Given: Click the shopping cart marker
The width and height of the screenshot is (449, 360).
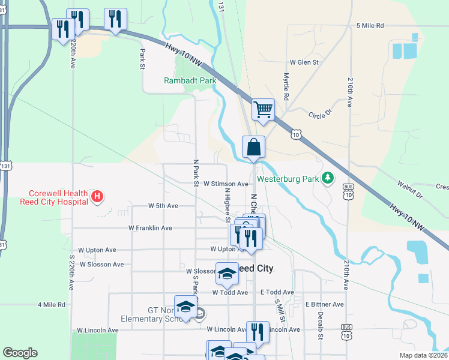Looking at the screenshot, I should point(263,110).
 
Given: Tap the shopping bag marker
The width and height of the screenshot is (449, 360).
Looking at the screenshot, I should point(253,147).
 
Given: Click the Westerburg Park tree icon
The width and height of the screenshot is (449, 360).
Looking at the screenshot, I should point(328,178).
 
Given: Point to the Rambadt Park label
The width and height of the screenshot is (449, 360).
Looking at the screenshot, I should point(190,80).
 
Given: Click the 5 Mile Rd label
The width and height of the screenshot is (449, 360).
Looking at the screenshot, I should point(370,26).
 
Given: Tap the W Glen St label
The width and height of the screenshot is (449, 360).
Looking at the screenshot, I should point(304,62).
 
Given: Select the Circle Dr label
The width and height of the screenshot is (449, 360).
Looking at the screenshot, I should point(320,115).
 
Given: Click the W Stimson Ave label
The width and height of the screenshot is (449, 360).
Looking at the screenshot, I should point(226,184).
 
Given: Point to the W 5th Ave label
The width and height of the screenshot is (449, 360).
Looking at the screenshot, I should point(163,206).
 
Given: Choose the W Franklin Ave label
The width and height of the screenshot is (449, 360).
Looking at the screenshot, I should point(150,228).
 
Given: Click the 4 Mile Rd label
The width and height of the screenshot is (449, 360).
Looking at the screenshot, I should point(51,305).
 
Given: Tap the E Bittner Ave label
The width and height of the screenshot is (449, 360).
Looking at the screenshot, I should point(324,304).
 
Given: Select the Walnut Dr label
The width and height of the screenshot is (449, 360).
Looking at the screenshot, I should point(411,191).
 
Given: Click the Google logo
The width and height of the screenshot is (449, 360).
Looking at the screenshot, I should point(20,353).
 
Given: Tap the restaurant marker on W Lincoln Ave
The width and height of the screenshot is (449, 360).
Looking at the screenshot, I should point(258,331).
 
